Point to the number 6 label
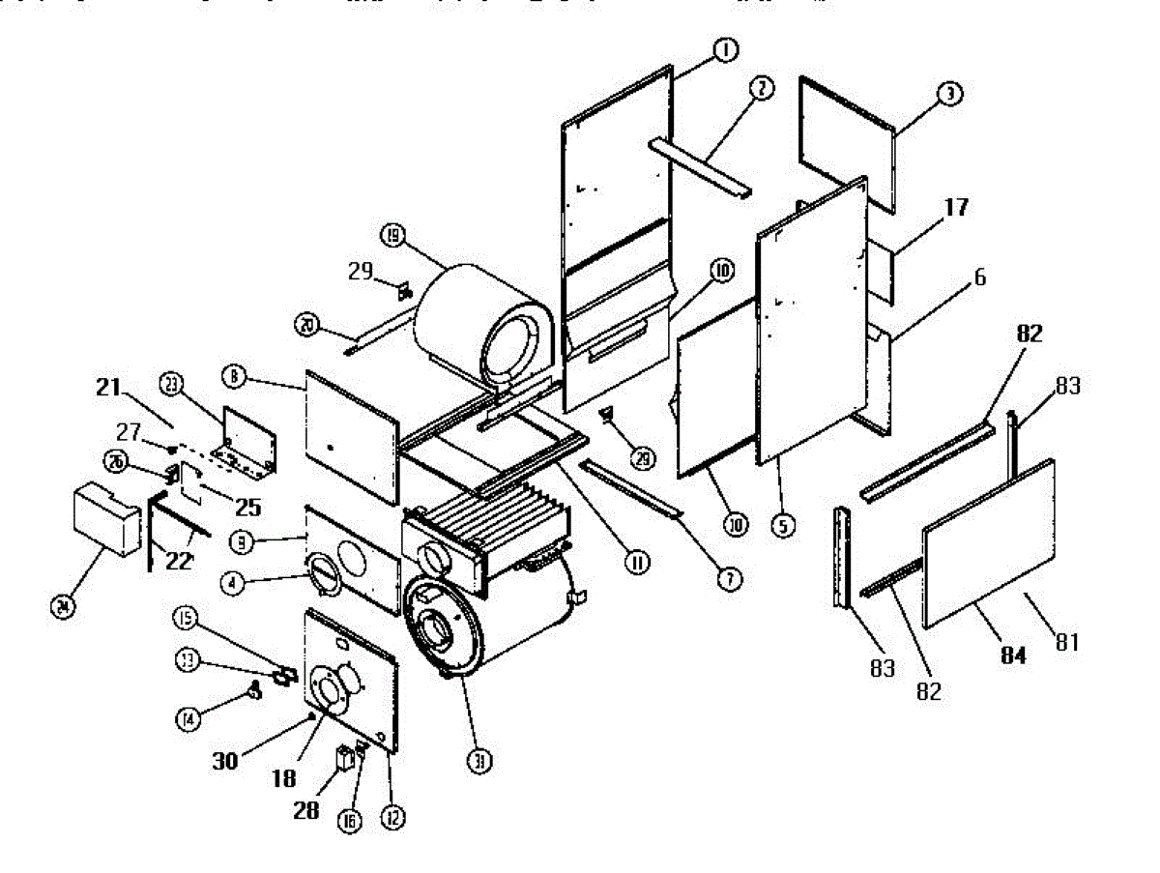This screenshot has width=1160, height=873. point(979,277)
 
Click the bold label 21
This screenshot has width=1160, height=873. point(107,389)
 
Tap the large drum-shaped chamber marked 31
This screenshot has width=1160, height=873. point(493,619)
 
